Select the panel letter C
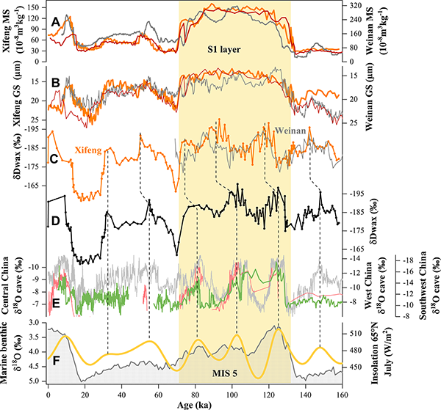tap(53, 157)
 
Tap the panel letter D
tap(54, 219)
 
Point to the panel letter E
tap(54, 300)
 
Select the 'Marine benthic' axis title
tap(8, 351)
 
